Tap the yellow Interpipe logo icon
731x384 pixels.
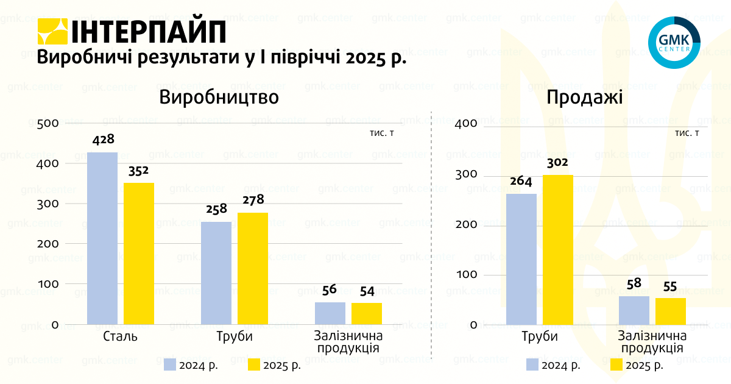52,31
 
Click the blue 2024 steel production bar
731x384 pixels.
102,238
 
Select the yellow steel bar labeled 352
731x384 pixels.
139,253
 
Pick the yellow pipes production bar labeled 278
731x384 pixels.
253,268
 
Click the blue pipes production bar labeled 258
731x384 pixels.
216,272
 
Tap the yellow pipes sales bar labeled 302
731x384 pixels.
558,249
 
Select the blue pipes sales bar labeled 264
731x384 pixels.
521,259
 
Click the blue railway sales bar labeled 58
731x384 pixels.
634,310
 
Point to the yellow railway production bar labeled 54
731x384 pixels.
367,313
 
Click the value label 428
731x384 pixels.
103,140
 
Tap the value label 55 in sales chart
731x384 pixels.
670,286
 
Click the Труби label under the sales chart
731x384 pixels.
539,337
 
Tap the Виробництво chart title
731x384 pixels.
219,98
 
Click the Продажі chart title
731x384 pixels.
584,98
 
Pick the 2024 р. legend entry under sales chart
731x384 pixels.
553,366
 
